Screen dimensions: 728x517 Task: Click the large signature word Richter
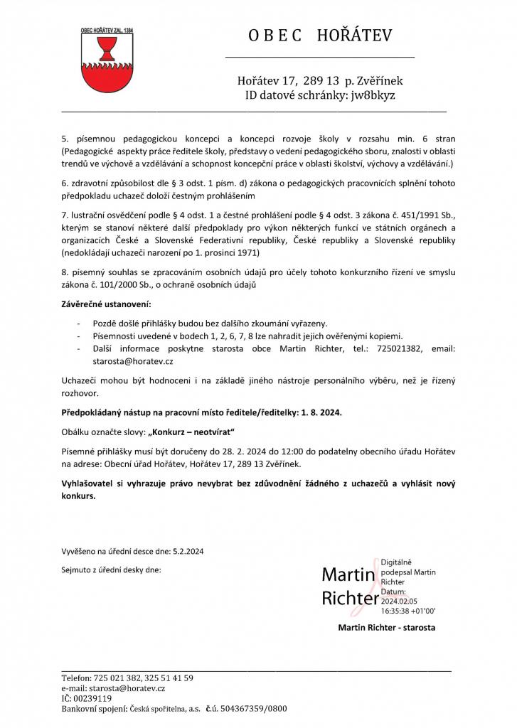(351, 598)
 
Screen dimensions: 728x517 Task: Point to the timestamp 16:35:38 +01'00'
(408, 610)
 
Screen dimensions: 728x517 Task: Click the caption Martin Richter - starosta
(387, 628)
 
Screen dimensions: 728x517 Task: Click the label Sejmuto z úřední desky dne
(111, 569)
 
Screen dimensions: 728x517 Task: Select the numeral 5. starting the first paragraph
(64, 138)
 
